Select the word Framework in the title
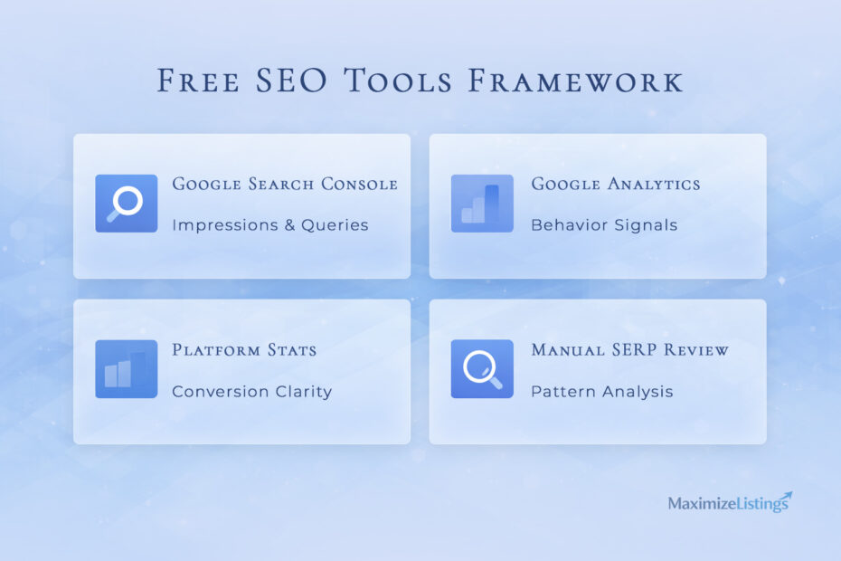(575, 81)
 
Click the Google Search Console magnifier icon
(126, 204)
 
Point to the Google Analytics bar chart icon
(482, 204)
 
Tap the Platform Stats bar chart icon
(126, 369)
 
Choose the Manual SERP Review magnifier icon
(482, 369)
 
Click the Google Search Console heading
(285, 185)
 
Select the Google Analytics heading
(616, 185)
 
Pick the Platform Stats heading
(244, 350)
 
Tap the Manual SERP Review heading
(630, 350)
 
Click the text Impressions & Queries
(270, 225)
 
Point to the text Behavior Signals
(604, 225)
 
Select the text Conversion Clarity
(252, 392)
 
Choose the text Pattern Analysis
(602, 392)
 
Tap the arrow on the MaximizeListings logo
(782, 496)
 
